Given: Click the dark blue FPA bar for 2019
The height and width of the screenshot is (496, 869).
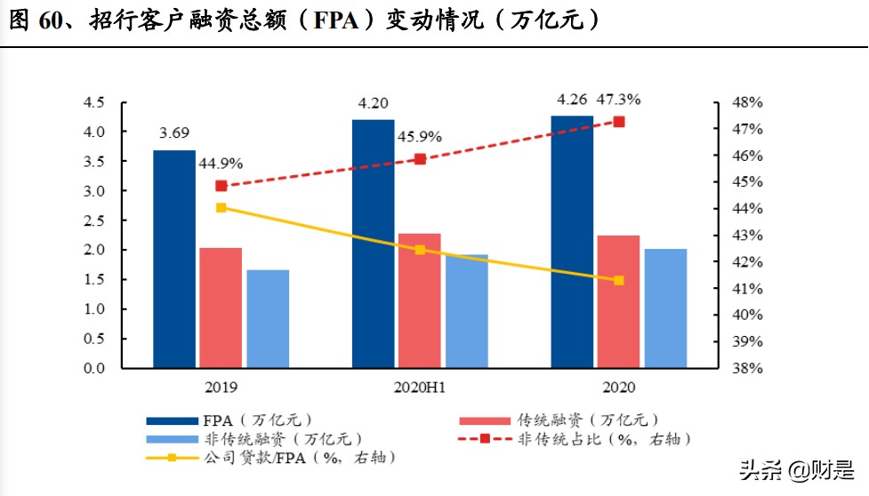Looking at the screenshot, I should point(174,259).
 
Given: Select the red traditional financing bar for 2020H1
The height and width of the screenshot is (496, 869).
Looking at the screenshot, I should point(420,300).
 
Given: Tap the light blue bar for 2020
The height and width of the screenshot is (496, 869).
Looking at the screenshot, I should point(665,308).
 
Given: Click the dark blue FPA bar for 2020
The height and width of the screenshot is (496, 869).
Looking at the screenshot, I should point(572,242).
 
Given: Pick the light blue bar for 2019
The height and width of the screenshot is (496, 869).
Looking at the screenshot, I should point(268,318).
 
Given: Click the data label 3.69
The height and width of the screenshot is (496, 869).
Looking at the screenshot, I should point(174,134).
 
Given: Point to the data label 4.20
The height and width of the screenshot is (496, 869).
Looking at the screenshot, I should point(373,103).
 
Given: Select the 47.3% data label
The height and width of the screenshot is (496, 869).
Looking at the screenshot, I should point(617,99).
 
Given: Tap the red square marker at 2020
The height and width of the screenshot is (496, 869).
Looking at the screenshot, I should point(619,122).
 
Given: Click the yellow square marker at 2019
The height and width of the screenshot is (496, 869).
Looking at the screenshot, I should point(221,207).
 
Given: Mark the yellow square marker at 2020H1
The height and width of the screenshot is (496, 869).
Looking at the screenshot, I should point(420,250).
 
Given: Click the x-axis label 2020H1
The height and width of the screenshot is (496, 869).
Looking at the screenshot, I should point(420,388).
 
